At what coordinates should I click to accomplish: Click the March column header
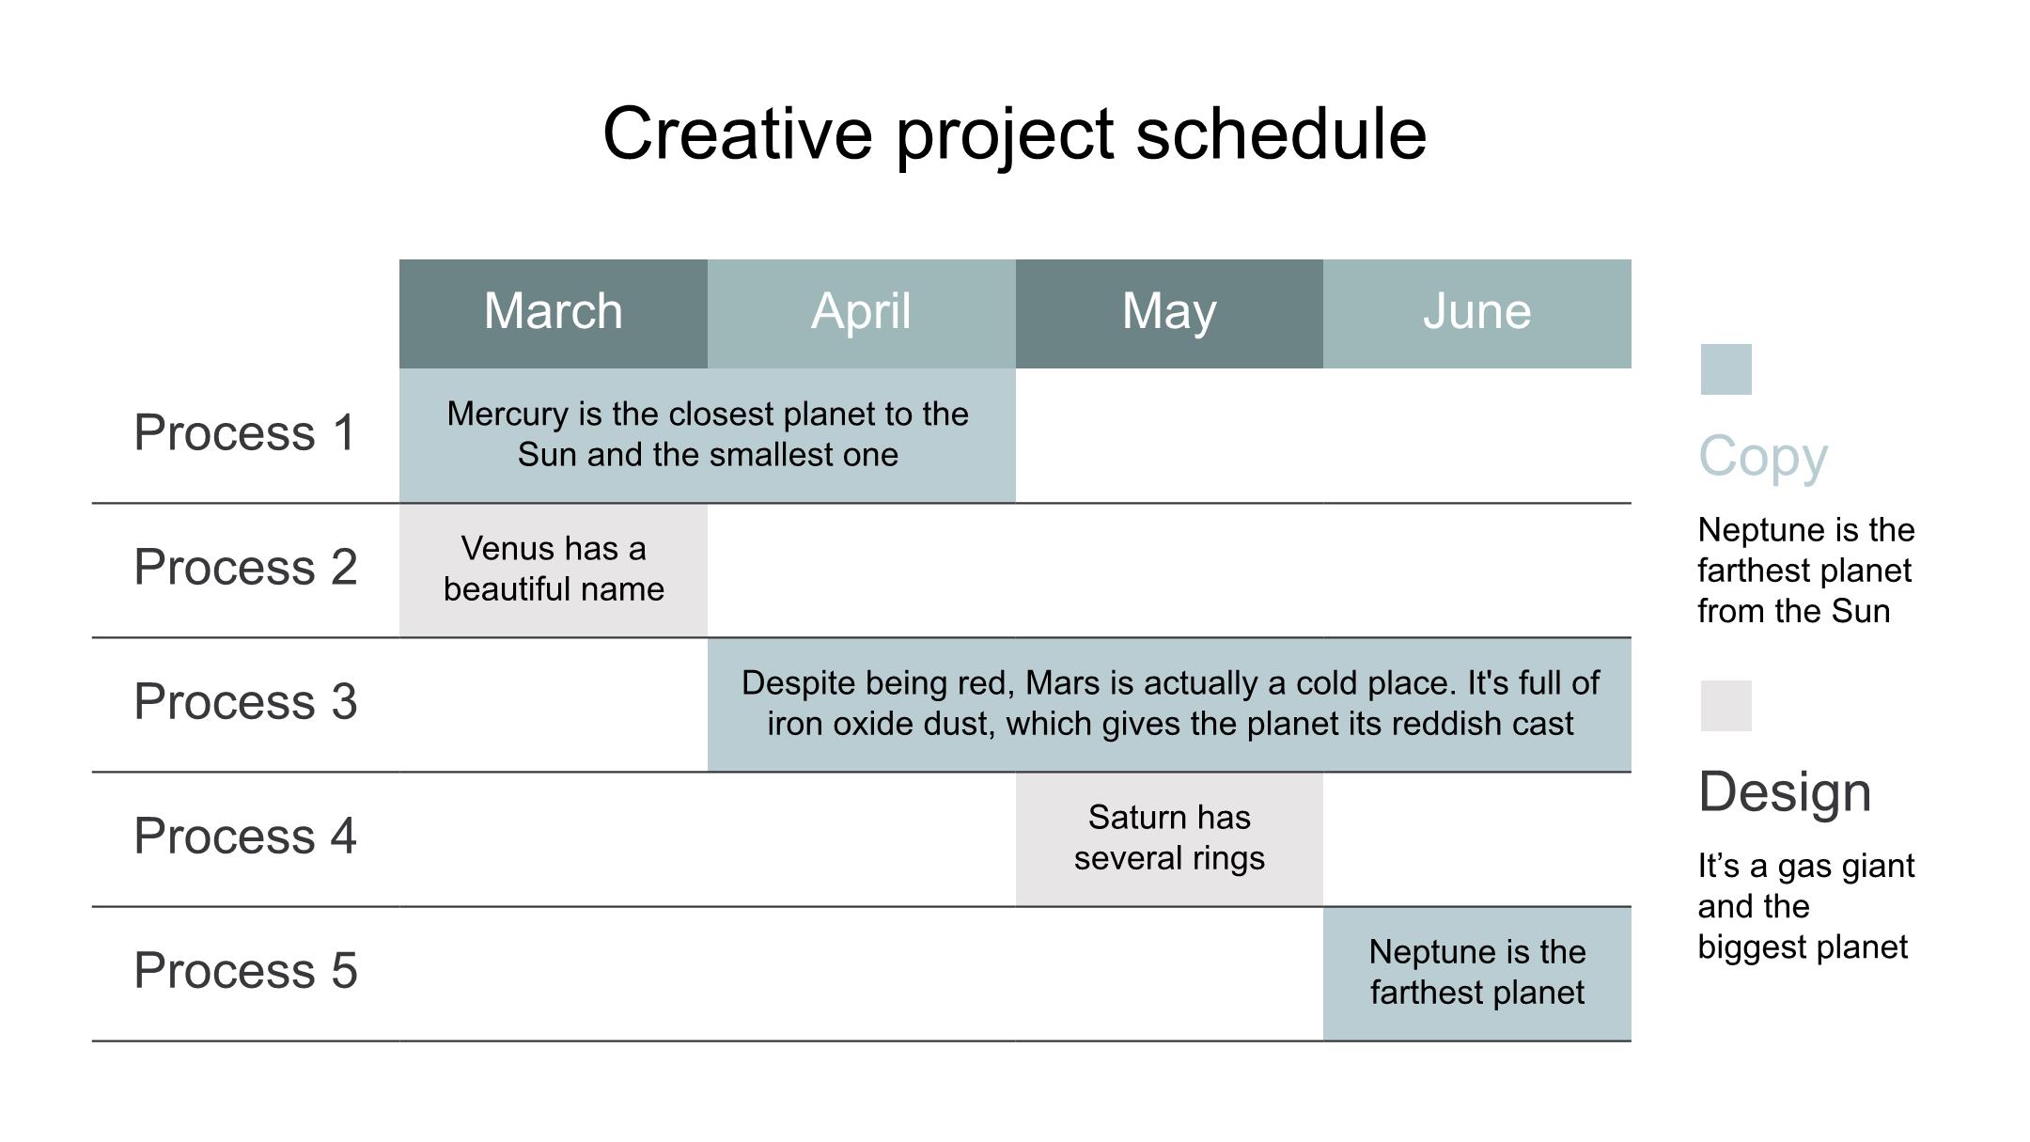pyautogui.click(x=554, y=314)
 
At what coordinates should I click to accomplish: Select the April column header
pyautogui.click(x=862, y=314)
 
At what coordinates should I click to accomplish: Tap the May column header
pyautogui.click(x=1169, y=314)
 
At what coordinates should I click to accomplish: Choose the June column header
pyautogui.click(x=1477, y=314)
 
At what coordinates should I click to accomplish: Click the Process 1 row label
pyautogui.click(x=245, y=432)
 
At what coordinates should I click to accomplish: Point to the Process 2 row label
pyautogui.click(x=245, y=567)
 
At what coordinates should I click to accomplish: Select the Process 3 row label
pyautogui.click(x=245, y=701)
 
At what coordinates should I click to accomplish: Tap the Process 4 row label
pyautogui.click(x=245, y=836)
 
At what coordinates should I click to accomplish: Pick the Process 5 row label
pyautogui.click(x=245, y=970)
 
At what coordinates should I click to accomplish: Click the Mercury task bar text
pyautogui.click(x=708, y=434)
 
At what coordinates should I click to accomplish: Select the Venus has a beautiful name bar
pyautogui.click(x=554, y=571)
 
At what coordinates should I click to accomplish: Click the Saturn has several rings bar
pyautogui.click(x=1169, y=839)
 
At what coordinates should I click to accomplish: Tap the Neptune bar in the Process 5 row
pyautogui.click(x=1477, y=974)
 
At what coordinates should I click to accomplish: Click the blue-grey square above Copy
pyautogui.click(x=1726, y=369)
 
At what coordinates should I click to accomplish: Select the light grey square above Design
pyautogui.click(x=1726, y=706)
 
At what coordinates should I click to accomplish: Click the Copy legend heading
pyautogui.click(x=1763, y=458)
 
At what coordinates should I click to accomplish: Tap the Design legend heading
pyautogui.click(x=1785, y=792)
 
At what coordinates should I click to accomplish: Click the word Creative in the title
pyautogui.click(x=738, y=133)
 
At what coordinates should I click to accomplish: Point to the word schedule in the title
pyautogui.click(x=1282, y=133)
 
